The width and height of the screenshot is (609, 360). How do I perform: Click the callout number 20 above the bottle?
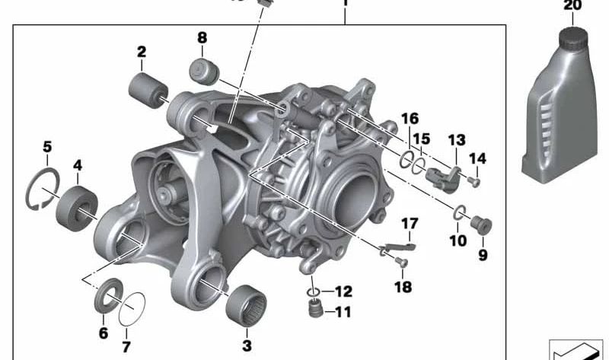(x=572, y=5)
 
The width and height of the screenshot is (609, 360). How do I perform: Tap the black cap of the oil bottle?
(x=572, y=40)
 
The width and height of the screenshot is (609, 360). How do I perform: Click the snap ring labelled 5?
(x=37, y=193)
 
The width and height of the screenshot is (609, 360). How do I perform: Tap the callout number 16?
(x=410, y=119)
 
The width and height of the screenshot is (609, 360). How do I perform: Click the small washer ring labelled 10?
(x=459, y=212)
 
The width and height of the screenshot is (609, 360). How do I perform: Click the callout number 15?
(x=422, y=140)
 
